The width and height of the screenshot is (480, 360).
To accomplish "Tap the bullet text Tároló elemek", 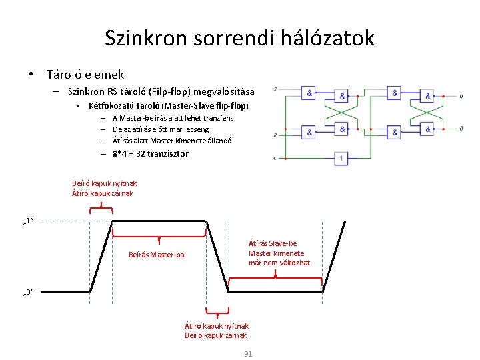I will point(85,75).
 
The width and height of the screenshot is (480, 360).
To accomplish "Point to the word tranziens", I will point(216,118).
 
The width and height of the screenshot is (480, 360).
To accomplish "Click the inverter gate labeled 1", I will point(341,158).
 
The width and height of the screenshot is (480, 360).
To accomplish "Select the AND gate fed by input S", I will point(310,93).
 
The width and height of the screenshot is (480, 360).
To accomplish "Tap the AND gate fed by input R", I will point(310,133).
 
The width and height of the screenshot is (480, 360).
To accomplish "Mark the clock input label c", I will point(276,158).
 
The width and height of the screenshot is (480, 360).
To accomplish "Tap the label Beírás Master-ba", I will point(157,255).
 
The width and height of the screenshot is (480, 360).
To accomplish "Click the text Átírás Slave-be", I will point(273,244).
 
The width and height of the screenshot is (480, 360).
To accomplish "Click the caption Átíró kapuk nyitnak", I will point(216,325).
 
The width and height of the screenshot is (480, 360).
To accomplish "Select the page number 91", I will point(248,354).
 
